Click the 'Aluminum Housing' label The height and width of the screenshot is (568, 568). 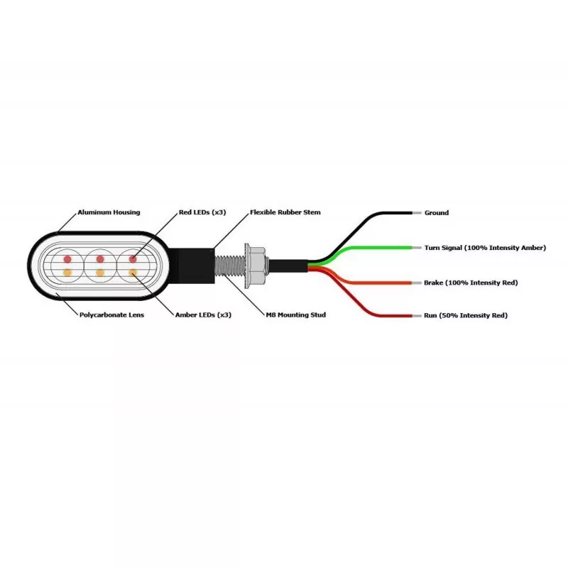pyautogui.click(x=109, y=212)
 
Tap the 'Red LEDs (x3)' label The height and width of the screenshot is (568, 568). pyautogui.click(x=202, y=212)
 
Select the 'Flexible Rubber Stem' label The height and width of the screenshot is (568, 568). pyautogui.click(x=285, y=212)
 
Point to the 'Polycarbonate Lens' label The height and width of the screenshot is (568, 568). pyautogui.click(x=111, y=315)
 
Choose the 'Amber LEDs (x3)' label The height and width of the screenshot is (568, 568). pyautogui.click(x=203, y=315)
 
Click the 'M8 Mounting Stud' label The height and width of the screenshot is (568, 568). pyautogui.click(x=296, y=315)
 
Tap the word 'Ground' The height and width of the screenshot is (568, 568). pyautogui.click(x=437, y=213)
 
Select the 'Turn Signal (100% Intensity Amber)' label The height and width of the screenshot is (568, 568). pyautogui.click(x=485, y=248)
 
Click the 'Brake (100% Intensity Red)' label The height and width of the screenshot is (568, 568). pyautogui.click(x=471, y=283)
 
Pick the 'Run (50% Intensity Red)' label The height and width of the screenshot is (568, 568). pyautogui.click(x=466, y=315)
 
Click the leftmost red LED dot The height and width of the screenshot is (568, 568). pyautogui.click(x=67, y=259)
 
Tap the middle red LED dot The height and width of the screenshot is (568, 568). pyautogui.click(x=100, y=259)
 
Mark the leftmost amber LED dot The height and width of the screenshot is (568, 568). pyautogui.click(x=67, y=273)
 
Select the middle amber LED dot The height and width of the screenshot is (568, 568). pyautogui.click(x=100, y=273)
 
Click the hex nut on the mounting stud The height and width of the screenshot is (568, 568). pyautogui.click(x=256, y=266)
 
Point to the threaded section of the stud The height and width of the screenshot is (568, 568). pyautogui.click(x=229, y=266)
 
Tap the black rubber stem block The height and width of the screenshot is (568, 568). pyautogui.click(x=192, y=266)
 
